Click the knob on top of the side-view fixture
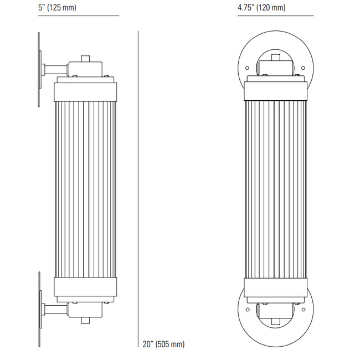point(85,58)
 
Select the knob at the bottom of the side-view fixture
point(85,320)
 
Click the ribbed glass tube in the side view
point(85,188)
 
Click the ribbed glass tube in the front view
point(275,188)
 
